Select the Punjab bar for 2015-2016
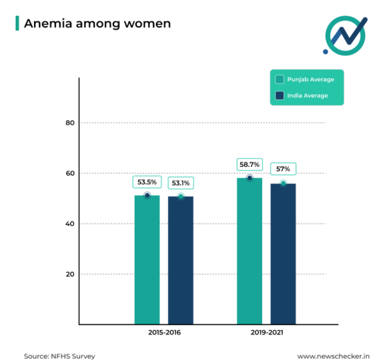(147, 259)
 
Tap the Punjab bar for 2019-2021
(249, 250)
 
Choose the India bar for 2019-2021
(283, 254)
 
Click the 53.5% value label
(147, 182)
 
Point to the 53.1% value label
(181, 183)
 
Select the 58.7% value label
(249, 165)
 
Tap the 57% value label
(283, 169)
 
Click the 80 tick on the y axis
(70, 122)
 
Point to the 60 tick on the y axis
(70, 173)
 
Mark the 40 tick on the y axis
(70, 224)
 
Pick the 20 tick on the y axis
(70, 274)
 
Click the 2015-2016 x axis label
(164, 333)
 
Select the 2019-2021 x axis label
(267, 333)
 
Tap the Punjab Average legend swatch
(280, 79)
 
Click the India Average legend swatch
(280, 95)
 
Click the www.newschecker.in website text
(334, 356)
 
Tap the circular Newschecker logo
(346, 34)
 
